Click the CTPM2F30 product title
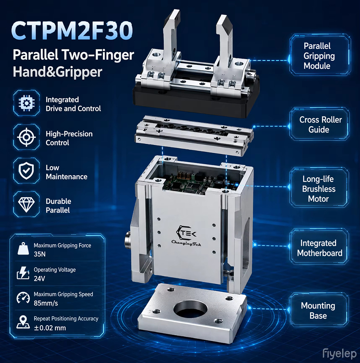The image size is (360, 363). [72, 31]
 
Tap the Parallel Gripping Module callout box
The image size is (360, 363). [319, 55]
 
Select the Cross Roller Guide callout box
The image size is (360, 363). [319, 124]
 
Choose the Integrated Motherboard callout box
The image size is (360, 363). [319, 247]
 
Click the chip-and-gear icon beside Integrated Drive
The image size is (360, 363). [26, 103]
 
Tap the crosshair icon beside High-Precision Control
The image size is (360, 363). [26, 137]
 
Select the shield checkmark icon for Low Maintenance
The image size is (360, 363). [26, 171]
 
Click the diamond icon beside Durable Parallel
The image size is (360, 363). [26, 205]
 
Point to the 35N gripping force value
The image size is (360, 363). [40, 254]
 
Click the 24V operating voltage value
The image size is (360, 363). [39, 278]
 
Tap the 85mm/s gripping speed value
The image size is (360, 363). [46, 303]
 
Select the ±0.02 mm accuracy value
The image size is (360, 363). [50, 328]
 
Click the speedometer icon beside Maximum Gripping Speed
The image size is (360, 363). [23, 298]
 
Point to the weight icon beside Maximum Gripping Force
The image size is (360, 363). [23, 248]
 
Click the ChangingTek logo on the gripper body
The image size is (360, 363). [186, 236]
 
